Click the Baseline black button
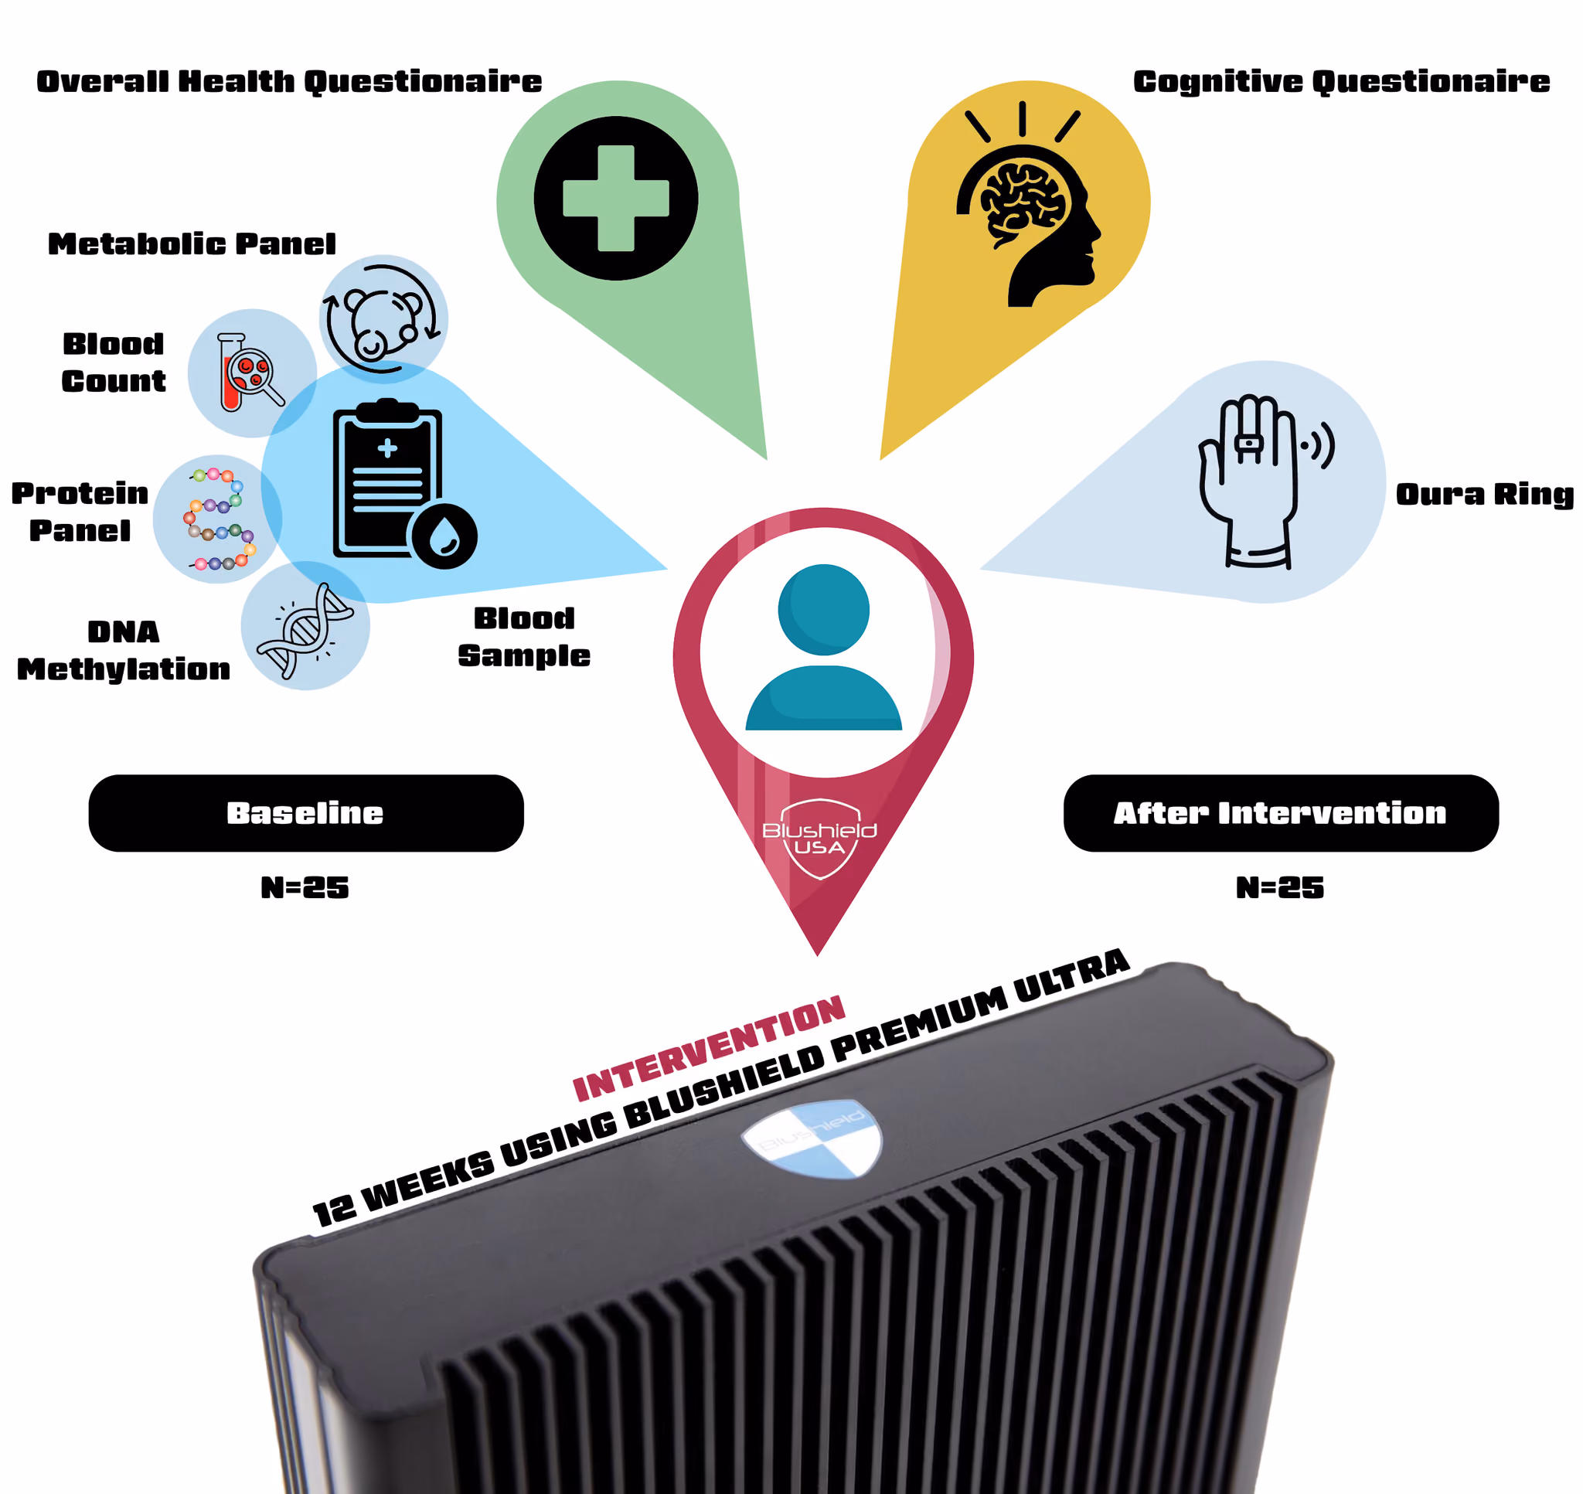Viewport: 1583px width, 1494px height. pyautogui.click(x=306, y=813)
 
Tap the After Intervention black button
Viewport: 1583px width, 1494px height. pyautogui.click(x=1281, y=813)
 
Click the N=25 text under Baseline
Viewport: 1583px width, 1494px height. pyautogui.click(x=305, y=888)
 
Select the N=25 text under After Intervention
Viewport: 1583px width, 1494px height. pyautogui.click(x=1280, y=888)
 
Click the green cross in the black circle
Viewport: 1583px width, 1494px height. pyautogui.click(x=615, y=199)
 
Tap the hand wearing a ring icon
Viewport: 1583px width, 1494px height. pyautogui.click(x=1258, y=481)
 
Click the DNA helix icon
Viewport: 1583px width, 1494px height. pyautogui.click(x=306, y=630)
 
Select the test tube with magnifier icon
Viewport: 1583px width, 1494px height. pyautogui.click(x=250, y=372)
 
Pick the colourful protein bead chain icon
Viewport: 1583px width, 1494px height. pyautogui.click(x=220, y=519)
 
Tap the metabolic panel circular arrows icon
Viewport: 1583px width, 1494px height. pyautogui.click(x=381, y=318)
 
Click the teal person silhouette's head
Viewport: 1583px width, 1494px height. pyautogui.click(x=823, y=609)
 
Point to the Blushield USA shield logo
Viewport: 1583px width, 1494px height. pyautogui.click(x=820, y=839)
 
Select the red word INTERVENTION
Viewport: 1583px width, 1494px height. pyautogui.click(x=709, y=1048)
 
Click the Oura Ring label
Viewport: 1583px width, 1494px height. pyautogui.click(x=1484, y=495)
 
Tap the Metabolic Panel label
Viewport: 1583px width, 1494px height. pyautogui.click(x=192, y=243)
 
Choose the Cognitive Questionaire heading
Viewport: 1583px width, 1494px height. pyautogui.click(x=1341, y=81)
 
